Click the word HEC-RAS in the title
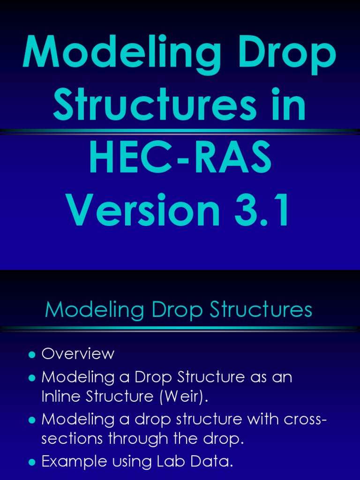(180, 159)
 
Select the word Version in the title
(143, 211)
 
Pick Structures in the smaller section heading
(262, 310)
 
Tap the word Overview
(78, 354)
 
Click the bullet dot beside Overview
(32, 354)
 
